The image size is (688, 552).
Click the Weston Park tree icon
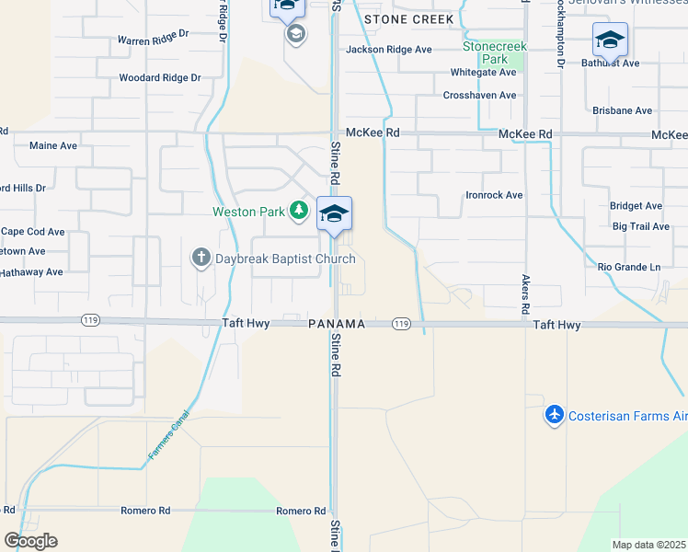coord(299,212)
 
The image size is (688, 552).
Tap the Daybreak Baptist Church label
coord(284,259)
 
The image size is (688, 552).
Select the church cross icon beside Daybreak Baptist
coord(201,258)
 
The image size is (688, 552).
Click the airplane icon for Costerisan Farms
coord(554,416)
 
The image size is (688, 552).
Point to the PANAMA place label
coord(337,324)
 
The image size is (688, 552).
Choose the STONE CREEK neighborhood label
coord(408,19)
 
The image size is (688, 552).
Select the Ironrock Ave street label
coord(494,195)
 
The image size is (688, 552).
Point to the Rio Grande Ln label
coord(629,268)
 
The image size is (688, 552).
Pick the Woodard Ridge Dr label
coord(159,78)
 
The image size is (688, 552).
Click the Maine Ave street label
coord(53,145)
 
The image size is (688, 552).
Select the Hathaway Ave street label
coord(31,271)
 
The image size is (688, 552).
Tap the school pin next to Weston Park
coord(334,214)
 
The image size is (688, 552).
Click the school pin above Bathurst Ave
coord(610,40)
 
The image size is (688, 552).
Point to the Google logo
coord(30,541)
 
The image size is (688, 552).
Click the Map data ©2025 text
coord(648,545)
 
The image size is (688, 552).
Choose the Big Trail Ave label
coord(641,226)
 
